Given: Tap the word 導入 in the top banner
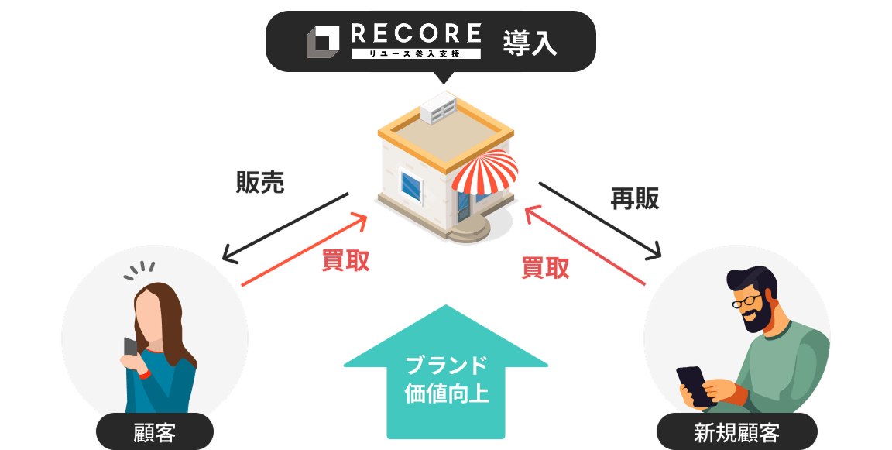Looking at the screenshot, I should [530, 43].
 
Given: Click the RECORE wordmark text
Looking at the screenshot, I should [417, 33].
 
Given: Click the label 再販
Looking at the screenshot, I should [635, 199].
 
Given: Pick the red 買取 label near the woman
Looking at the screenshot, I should [345, 261].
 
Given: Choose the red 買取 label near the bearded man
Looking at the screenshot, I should [546, 267].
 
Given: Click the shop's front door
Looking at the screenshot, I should [464, 203].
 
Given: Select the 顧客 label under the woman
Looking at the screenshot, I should [155, 432].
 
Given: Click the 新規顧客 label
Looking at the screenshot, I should [736, 432].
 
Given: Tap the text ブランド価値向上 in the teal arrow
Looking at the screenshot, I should [447, 379].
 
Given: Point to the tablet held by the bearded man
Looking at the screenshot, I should [695, 385].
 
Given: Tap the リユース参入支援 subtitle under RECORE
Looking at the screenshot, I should [417, 53].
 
